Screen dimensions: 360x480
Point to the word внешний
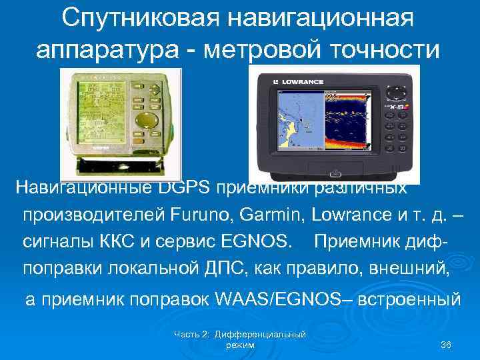pos(401,268)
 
